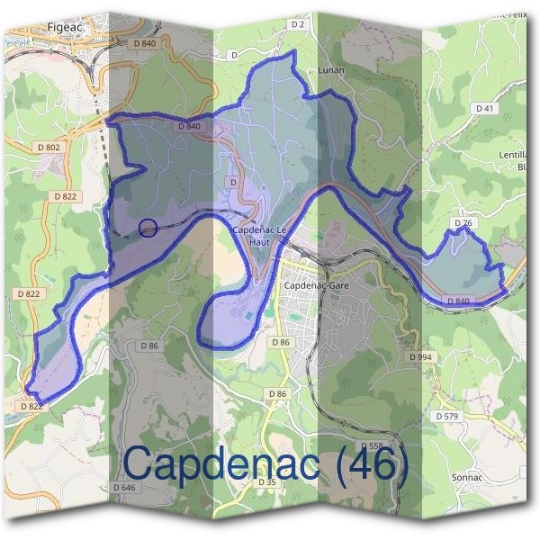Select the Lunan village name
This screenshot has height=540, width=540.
331,69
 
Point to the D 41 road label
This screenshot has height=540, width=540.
486,108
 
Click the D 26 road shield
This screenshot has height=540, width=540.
463,222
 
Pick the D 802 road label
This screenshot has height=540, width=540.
49,147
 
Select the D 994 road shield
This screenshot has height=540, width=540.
420,357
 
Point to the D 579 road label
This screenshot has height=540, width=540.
447,416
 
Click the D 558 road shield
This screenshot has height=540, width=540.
371,446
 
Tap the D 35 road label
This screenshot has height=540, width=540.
266,482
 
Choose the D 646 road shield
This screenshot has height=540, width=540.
124,487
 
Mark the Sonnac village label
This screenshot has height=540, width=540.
468,476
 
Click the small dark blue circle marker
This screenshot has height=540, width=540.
149,228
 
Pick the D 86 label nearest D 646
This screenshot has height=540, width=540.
149,346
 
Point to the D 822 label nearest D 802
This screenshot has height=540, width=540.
66,195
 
